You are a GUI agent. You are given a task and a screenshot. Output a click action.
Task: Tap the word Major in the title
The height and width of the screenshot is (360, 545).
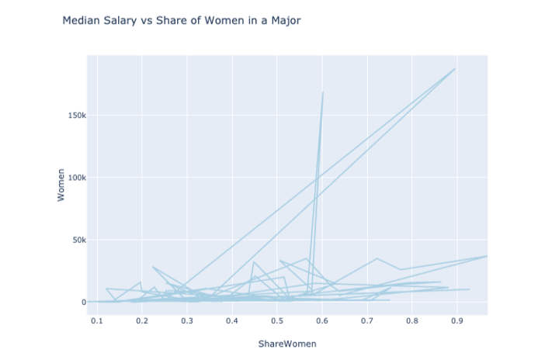[x=284, y=21]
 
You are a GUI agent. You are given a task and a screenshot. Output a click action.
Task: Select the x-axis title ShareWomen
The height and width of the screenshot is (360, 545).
[x=287, y=343]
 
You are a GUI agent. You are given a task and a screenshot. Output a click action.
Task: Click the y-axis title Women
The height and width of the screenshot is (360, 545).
[x=61, y=185]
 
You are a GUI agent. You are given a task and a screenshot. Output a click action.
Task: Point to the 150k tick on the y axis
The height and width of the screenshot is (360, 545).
[x=74, y=116]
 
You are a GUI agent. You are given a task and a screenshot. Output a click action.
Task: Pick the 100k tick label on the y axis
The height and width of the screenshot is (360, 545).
[x=74, y=178]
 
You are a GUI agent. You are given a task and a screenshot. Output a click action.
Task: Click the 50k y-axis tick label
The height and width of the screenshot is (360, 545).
[x=76, y=240]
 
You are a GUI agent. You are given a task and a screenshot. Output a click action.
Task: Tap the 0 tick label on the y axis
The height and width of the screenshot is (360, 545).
[x=82, y=302]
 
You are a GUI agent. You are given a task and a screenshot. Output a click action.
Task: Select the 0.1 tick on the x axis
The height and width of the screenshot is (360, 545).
[x=96, y=320]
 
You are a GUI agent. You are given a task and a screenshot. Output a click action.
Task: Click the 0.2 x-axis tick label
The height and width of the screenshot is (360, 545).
[x=141, y=320]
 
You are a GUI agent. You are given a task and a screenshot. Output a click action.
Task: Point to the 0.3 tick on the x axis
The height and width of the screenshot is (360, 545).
[x=186, y=320]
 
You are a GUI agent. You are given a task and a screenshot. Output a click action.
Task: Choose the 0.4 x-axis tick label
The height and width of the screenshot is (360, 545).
[x=231, y=320]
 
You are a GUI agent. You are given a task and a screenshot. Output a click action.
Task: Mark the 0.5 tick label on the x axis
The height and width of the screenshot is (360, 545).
[x=276, y=320]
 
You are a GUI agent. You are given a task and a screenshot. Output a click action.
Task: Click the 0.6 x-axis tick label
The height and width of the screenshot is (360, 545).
[x=321, y=320]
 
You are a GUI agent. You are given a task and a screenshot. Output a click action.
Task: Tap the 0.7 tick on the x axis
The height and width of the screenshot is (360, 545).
[x=366, y=320]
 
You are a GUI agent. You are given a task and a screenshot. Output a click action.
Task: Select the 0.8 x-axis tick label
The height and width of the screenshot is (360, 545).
[x=411, y=320]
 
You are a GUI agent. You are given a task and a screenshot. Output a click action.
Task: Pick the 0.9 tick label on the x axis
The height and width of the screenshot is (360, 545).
[x=456, y=320]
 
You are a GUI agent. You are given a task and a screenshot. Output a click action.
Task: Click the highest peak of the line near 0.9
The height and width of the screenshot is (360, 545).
[x=455, y=68]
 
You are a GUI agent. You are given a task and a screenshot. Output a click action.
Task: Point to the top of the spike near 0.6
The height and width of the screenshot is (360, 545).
[x=323, y=92]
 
